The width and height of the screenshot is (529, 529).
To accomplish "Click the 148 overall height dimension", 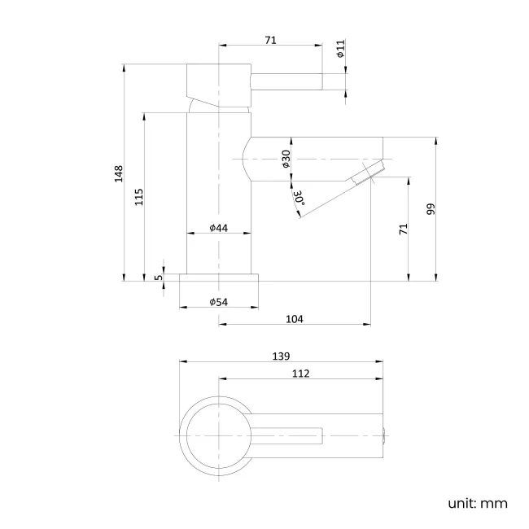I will point(118,173).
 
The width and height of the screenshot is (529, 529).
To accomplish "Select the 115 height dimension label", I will point(139,195).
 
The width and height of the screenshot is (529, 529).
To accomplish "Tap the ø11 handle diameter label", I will point(341,51).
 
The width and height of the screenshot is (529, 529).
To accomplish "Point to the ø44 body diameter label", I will point(217,228).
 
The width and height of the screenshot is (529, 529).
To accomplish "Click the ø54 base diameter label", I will point(217,302).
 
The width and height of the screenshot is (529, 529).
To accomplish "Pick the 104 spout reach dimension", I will point(295,319).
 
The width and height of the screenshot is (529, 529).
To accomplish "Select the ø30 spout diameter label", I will point(286,159).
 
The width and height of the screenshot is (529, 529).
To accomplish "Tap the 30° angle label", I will point(299,197).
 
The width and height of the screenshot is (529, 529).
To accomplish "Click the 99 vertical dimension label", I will point(431,208).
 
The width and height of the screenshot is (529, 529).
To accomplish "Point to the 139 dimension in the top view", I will point(282,356).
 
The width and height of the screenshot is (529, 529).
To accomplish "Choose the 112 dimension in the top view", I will point(300,374).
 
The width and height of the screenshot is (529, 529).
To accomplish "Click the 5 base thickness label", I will point(160,277).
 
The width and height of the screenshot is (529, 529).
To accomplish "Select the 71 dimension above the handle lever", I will point(271,38).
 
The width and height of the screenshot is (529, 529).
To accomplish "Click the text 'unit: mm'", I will point(477,503).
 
